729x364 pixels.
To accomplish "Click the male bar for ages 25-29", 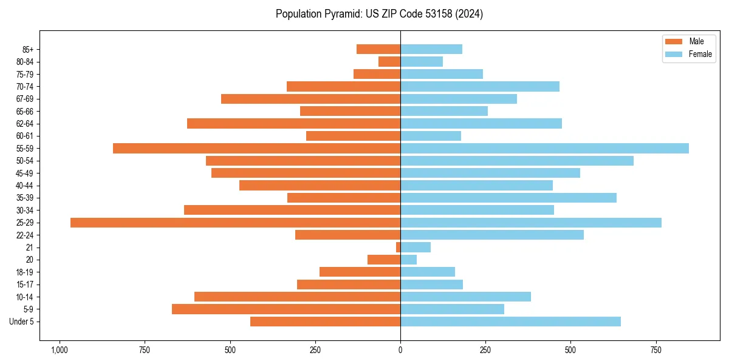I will [235, 223].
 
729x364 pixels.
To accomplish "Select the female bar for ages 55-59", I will [544, 149].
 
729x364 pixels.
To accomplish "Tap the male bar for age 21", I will [398, 248].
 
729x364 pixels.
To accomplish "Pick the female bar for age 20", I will [408, 260].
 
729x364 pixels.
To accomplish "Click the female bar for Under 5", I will [510, 322].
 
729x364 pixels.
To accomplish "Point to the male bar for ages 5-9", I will [286, 309].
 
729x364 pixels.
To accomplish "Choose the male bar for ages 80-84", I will [389, 62].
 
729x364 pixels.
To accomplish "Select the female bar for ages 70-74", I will [480, 87].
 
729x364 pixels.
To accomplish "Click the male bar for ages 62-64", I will [293, 124].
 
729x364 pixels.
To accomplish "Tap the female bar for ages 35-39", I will [508, 198].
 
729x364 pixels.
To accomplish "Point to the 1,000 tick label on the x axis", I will [59, 350].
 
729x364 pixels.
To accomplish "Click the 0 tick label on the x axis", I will [400, 350].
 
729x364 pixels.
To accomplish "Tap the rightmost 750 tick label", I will [656, 350].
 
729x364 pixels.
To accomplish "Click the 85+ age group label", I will [28, 50].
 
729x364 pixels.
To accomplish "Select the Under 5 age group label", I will [22, 322].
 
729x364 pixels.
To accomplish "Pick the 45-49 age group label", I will [25, 174].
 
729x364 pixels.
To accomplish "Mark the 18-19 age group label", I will [25, 272].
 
